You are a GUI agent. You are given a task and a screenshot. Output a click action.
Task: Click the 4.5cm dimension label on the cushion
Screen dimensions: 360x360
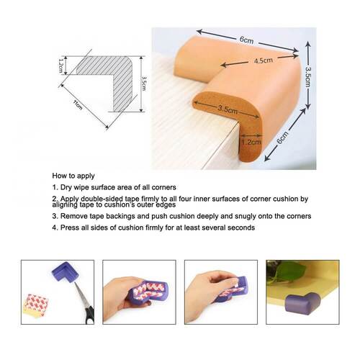(x=264, y=60)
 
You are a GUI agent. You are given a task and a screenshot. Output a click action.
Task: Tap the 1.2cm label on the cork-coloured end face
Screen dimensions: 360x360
(x=251, y=142)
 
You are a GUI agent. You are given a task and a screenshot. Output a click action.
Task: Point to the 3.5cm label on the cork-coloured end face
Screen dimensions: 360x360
(x=228, y=109)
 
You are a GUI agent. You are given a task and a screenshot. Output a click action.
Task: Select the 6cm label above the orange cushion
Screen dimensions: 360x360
(x=246, y=40)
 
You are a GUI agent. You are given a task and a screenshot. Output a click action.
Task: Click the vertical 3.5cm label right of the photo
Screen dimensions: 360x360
(x=308, y=77)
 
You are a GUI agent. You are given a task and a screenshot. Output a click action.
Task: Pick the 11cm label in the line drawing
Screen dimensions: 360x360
(x=78, y=104)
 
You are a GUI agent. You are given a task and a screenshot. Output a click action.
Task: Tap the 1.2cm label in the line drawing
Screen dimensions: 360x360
(x=60, y=66)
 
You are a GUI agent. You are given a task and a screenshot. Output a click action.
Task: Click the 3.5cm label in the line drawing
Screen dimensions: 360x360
(x=144, y=84)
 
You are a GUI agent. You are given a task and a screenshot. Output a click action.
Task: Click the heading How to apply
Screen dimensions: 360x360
(x=73, y=176)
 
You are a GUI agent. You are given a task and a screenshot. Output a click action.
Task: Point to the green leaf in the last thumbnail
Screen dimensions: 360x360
(x=290, y=271)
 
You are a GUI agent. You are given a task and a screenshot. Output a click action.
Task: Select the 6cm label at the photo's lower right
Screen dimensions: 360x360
(x=283, y=138)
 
